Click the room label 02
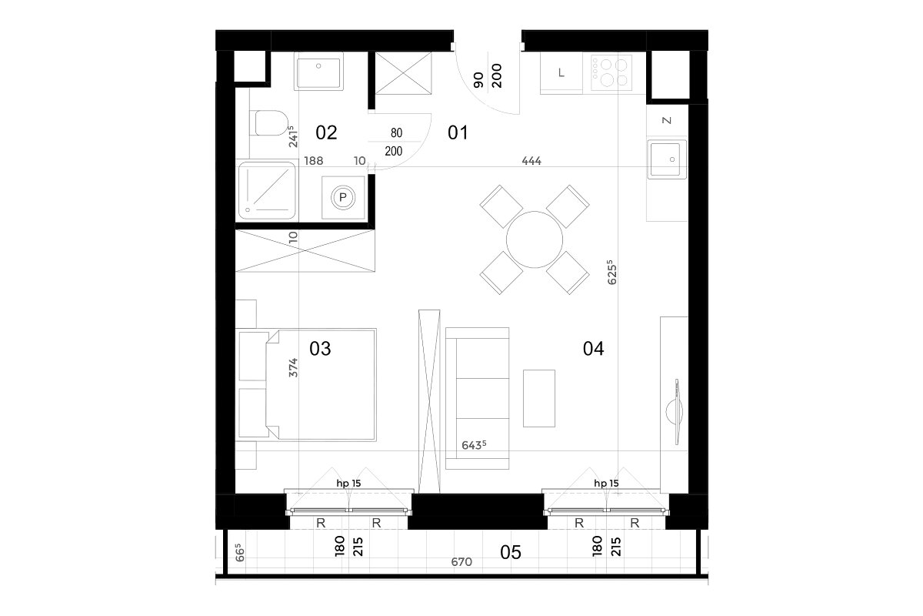326,133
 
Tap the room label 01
458,133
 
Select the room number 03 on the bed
320,349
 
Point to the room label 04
593,349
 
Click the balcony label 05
511,552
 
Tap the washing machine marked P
343,198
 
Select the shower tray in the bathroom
267,191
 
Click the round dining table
535,239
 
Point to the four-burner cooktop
611,72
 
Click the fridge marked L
561,73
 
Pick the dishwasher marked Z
667,120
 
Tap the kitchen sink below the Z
667,159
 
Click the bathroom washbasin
318,71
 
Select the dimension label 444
531,161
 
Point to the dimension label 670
461,562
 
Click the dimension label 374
293,367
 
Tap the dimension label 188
314,161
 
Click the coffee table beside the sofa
539,398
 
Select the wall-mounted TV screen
677,412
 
